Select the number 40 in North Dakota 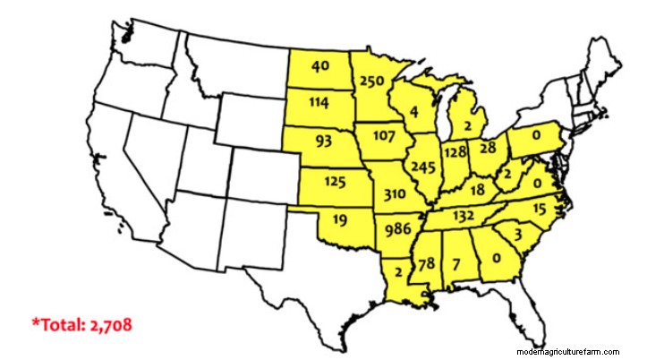tap(319, 66)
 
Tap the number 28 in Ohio tap(488, 147)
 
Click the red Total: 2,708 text tap(81, 323)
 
